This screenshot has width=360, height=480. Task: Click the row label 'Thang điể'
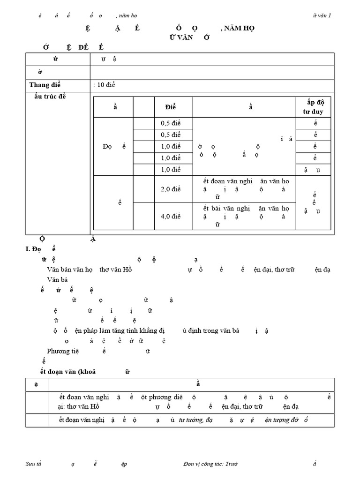coord(45,85)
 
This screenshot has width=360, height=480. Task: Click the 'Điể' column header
coord(170,107)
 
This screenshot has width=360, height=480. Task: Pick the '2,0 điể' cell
coord(170,189)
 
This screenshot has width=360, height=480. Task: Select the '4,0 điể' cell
coord(170,216)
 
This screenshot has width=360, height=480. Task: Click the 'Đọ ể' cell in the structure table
coord(114,146)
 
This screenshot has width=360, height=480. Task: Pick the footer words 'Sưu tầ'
coord(34,464)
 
